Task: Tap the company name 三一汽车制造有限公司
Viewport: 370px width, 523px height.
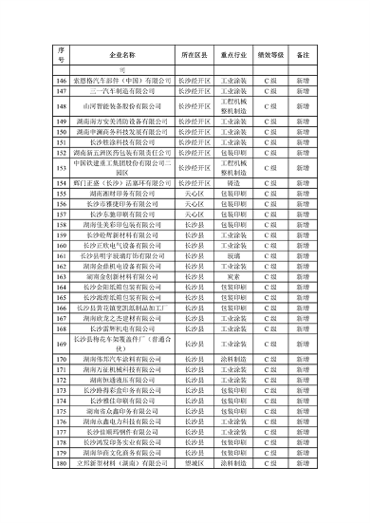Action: point(120,93)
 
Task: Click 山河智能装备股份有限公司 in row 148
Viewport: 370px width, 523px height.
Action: point(120,107)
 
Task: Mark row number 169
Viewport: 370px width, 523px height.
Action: point(61,344)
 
